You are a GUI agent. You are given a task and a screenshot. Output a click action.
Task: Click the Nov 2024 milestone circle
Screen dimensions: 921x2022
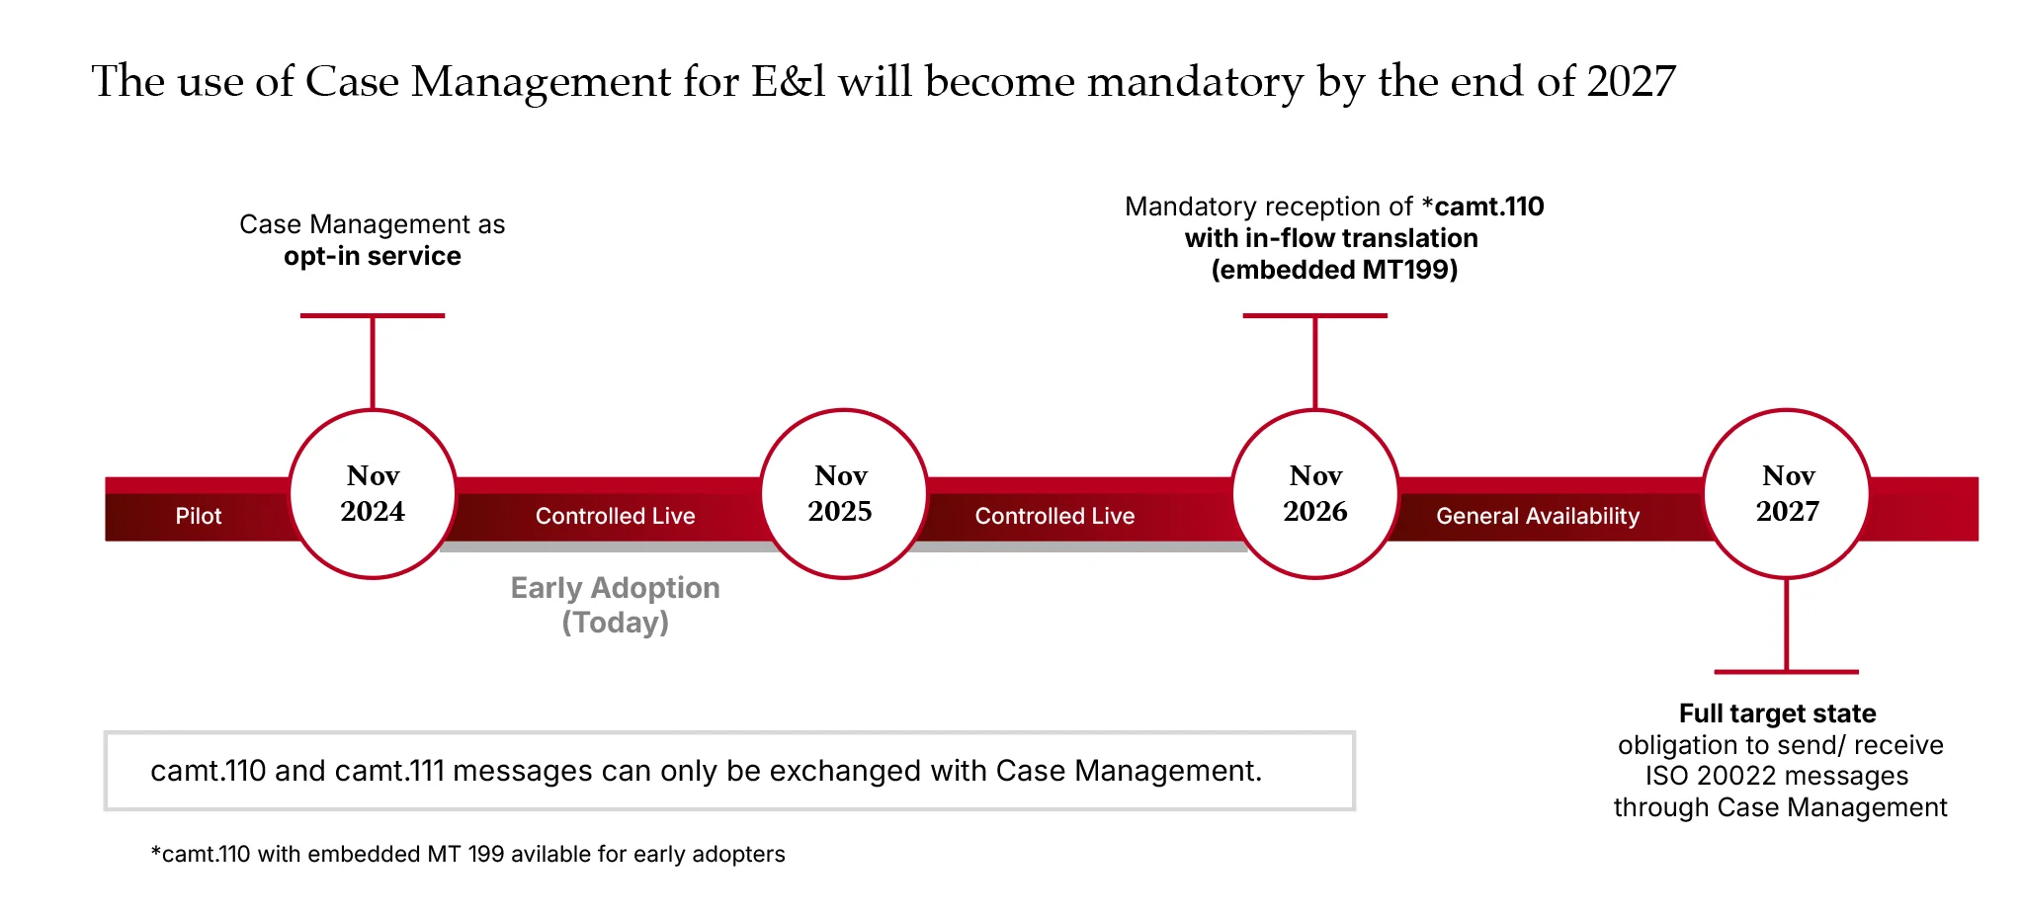point(373,493)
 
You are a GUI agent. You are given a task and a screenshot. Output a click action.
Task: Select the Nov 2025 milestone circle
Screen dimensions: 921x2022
point(841,493)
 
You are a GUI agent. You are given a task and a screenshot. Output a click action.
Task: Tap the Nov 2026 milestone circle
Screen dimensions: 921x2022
point(1315,493)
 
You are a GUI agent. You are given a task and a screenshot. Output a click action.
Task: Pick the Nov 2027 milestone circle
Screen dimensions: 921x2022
point(1787,493)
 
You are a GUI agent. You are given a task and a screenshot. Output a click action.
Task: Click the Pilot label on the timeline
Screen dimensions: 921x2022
point(199,516)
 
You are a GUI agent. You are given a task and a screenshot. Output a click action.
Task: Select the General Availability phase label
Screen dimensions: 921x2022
point(1538,516)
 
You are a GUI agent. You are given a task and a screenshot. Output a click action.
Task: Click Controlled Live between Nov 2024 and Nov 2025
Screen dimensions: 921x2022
point(615,516)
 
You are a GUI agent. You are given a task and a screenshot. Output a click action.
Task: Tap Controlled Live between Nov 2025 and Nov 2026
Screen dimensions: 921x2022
point(1054,516)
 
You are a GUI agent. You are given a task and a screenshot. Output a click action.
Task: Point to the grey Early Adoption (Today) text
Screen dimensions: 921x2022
point(615,604)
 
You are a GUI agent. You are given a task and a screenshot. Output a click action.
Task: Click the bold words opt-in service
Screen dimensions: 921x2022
point(373,256)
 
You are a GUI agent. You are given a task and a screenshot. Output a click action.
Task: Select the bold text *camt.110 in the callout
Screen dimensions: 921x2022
point(1482,207)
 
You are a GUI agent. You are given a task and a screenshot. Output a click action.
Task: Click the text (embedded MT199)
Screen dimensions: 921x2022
point(1334,270)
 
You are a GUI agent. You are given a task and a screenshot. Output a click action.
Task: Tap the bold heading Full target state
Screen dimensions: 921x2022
point(1777,713)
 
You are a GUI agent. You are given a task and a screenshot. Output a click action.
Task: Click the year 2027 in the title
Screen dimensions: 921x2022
point(1631,81)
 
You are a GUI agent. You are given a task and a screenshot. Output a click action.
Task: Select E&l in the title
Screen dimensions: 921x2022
point(788,81)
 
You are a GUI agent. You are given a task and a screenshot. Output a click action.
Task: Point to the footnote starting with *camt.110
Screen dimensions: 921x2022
point(467,854)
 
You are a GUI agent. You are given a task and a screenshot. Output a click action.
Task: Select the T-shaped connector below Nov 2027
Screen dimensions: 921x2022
point(1787,632)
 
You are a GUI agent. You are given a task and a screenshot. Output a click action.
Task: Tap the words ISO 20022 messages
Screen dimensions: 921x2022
point(1777,776)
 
